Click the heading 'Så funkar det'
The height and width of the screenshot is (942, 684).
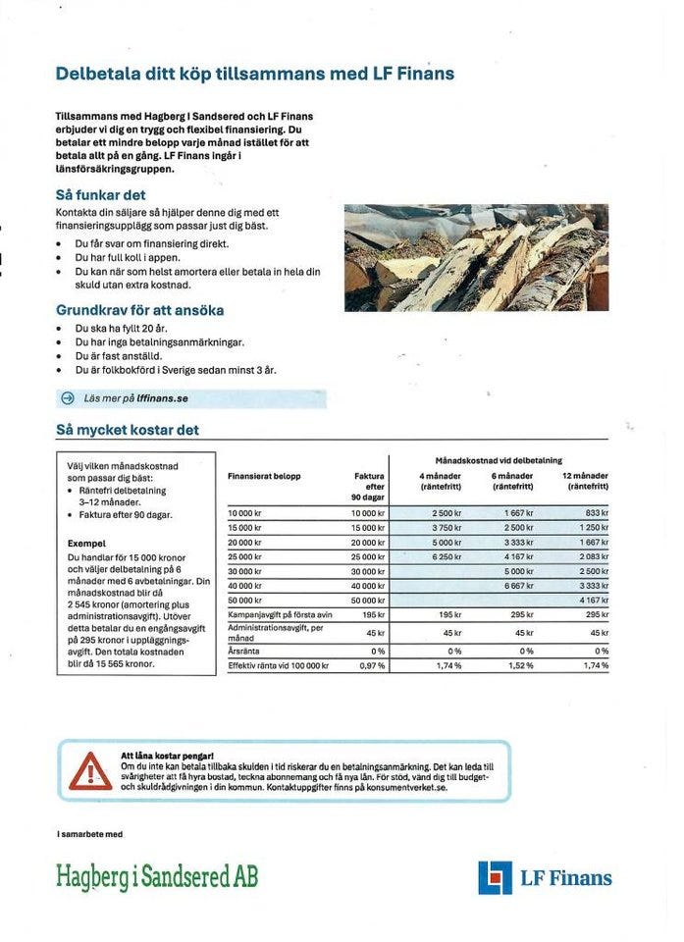[x=100, y=195]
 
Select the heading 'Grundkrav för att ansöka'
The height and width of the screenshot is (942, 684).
[x=139, y=310]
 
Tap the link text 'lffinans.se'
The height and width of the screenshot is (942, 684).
[x=162, y=398]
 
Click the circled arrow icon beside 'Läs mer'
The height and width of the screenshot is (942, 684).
[x=68, y=398]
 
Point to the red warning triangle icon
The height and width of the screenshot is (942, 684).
[x=90, y=771]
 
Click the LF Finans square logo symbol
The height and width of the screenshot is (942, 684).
[x=496, y=877]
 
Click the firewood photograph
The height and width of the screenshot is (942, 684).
[x=476, y=258]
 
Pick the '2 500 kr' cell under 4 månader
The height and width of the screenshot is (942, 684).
[x=447, y=513]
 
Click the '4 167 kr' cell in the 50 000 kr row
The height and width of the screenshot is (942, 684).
[x=593, y=600]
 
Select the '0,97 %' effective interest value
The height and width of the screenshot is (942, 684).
[x=373, y=665]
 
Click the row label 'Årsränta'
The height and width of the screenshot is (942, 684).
[x=243, y=651]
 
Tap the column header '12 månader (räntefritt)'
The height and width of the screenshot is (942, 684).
[x=585, y=480]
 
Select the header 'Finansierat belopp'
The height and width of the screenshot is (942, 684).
[x=263, y=476]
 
